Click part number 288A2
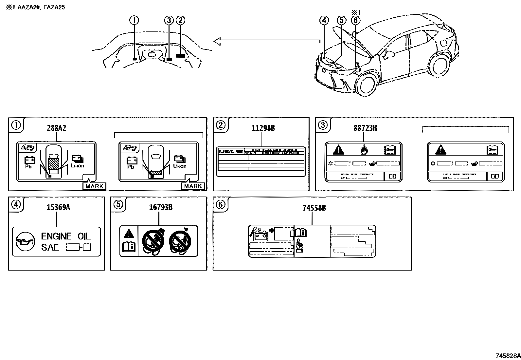coord(56,128)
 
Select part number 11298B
coord(263,128)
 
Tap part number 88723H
coord(365,128)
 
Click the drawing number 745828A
coord(507,356)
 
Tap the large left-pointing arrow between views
coord(266,41)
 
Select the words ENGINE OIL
coord(65,236)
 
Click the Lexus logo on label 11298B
coord(231,151)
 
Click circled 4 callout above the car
coord(324,20)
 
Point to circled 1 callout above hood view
coord(134,20)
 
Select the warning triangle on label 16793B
coord(129,234)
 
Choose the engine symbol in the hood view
coord(152,54)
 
